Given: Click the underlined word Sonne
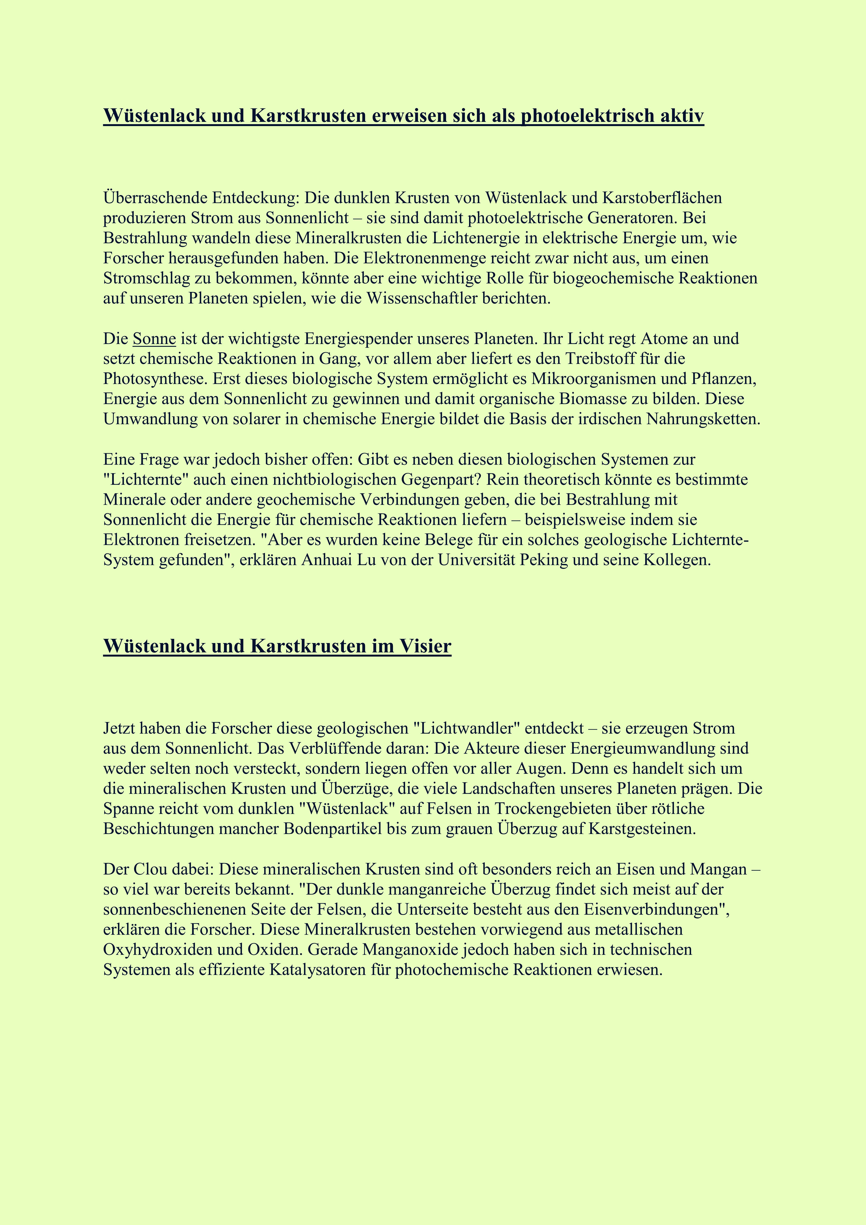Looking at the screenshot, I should [x=154, y=339].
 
